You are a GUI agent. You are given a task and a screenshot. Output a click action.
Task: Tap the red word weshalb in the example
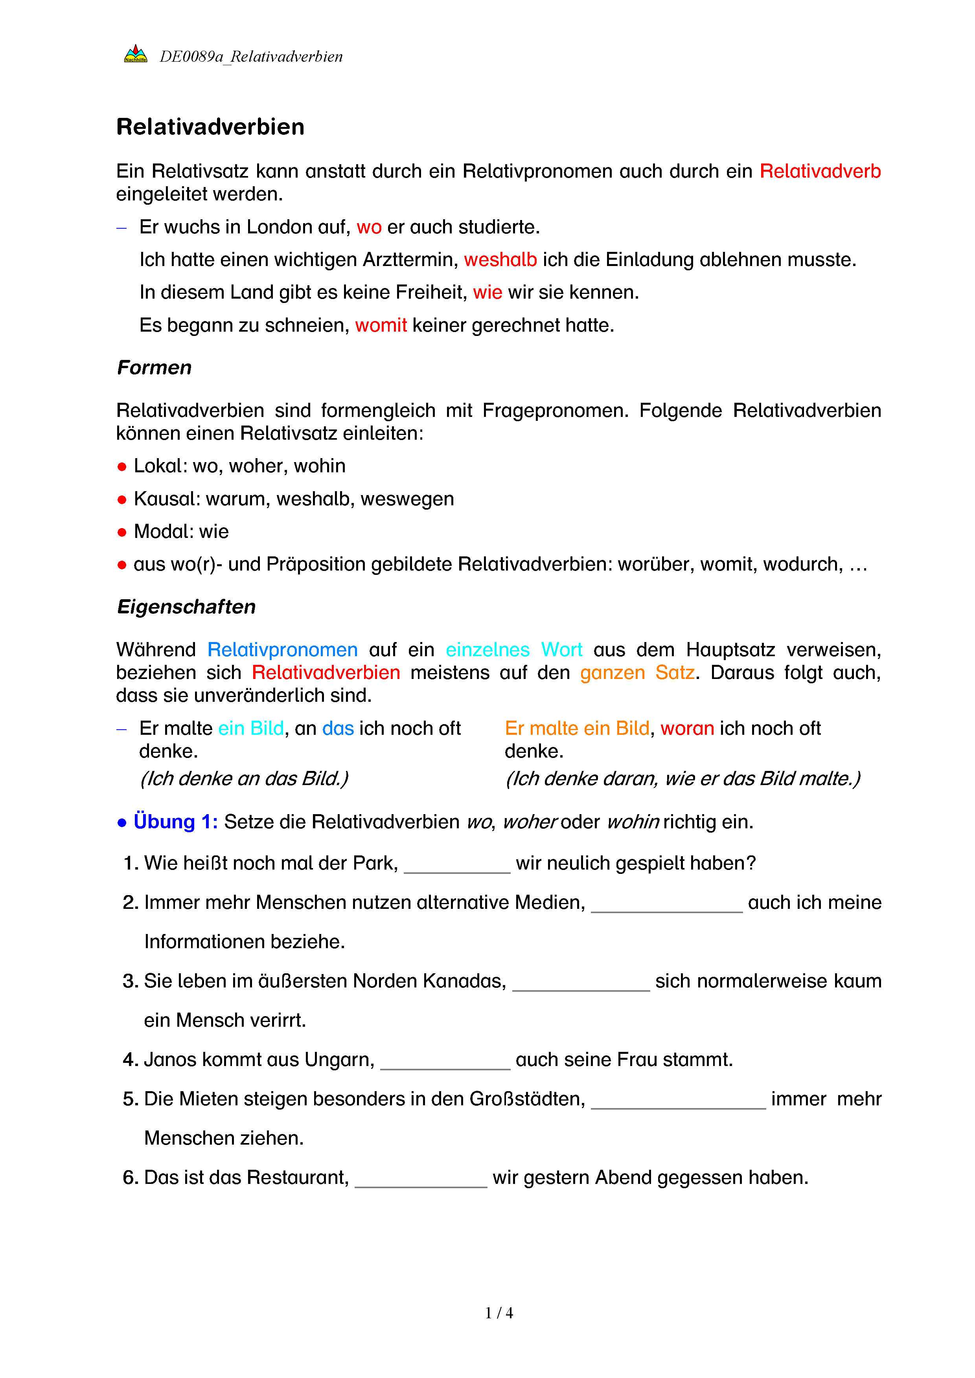tap(500, 259)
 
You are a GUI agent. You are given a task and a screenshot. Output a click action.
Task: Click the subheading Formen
tap(154, 367)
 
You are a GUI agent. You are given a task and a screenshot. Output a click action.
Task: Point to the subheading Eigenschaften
tap(186, 606)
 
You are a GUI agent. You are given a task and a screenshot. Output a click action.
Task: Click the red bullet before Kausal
tap(122, 499)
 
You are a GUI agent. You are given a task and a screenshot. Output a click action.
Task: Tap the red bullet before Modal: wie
tap(122, 532)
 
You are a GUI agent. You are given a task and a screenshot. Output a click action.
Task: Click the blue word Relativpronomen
tap(282, 650)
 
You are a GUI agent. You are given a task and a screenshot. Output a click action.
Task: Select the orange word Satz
tap(674, 672)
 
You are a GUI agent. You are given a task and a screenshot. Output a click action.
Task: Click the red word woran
tap(687, 728)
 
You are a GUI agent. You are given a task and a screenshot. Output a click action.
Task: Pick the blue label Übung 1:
tap(175, 821)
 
